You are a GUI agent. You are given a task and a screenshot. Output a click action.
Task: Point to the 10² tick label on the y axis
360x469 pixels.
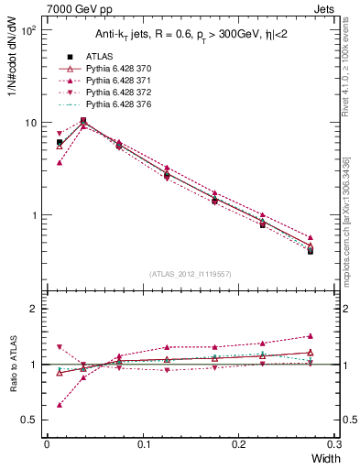[28, 30]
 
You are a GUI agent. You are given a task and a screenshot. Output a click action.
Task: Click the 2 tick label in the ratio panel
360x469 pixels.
[35, 309]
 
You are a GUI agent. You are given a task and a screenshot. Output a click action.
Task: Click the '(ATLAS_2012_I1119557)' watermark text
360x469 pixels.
[189, 274]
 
